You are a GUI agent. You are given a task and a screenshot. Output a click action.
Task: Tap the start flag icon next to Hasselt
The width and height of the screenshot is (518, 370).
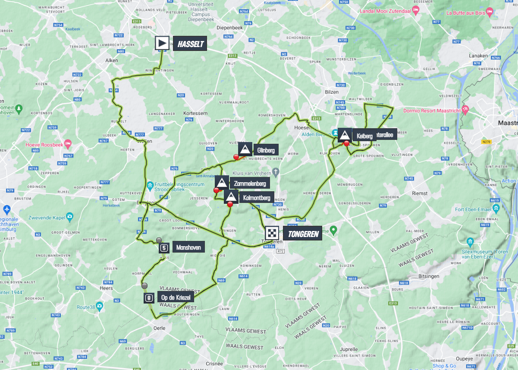click(x=162, y=43)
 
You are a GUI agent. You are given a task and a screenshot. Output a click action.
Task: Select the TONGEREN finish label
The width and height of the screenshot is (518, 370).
click(x=302, y=234)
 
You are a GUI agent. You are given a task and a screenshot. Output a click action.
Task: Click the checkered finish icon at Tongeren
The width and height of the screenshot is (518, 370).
click(x=272, y=234)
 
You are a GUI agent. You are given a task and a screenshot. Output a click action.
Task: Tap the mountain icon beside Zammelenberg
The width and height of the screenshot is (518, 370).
click(x=222, y=183)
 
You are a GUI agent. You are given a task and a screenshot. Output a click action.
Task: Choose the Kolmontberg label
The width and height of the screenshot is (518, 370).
click(x=256, y=198)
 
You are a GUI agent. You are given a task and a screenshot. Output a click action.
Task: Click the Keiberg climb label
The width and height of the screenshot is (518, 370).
click(x=364, y=136)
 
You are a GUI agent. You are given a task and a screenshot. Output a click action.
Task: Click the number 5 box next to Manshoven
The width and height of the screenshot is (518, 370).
click(x=163, y=248)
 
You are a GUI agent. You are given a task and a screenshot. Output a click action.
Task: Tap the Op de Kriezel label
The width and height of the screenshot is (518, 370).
click(x=176, y=298)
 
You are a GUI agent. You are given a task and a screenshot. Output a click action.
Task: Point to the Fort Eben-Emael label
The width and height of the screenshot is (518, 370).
click(x=475, y=210)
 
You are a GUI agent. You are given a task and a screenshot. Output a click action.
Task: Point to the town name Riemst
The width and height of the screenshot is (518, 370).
click(x=419, y=193)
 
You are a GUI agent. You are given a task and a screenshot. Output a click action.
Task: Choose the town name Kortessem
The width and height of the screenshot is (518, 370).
click(x=196, y=113)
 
